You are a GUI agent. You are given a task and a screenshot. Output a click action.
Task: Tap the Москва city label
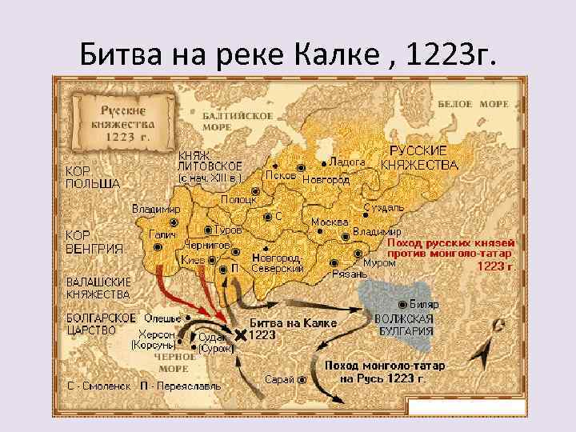330,222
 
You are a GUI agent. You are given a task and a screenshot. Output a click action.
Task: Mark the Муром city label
379,262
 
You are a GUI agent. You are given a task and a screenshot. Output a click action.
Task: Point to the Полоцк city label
238,200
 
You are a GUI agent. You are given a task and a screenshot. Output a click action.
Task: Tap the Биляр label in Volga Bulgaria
423,305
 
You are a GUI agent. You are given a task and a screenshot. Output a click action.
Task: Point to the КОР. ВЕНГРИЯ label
94,242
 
